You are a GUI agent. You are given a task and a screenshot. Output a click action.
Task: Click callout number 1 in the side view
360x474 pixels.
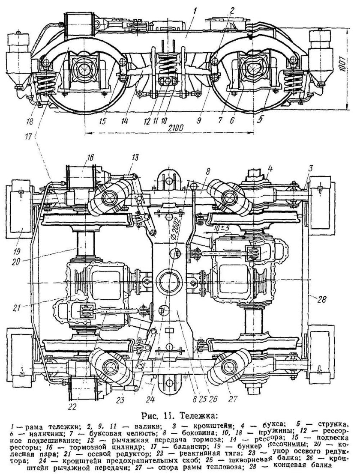[196, 12]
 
